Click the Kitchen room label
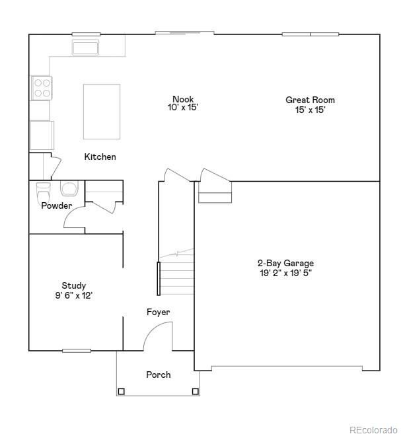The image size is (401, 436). tap(100, 157)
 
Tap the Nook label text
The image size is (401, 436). tap(183, 100)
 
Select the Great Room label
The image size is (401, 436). tap(310, 100)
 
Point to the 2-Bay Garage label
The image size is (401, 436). tap(287, 263)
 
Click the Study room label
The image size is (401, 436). tap(74, 286)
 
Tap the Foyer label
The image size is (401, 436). tap(158, 312)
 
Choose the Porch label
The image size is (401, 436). tap(158, 375)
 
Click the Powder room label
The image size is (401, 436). tap(56, 205)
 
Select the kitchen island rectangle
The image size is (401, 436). tap(102, 111)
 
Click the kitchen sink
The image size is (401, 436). tap(85, 48)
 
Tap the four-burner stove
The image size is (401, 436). tap(42, 88)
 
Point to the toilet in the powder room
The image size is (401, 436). tap(44, 194)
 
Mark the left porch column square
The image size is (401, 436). tap(121, 391)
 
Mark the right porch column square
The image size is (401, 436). tap(196, 391)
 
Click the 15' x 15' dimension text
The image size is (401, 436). tap(310, 110)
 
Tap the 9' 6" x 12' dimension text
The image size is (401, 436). tap(74, 296)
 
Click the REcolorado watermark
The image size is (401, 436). tap(373, 427)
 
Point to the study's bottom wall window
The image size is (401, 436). tap(77, 350)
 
